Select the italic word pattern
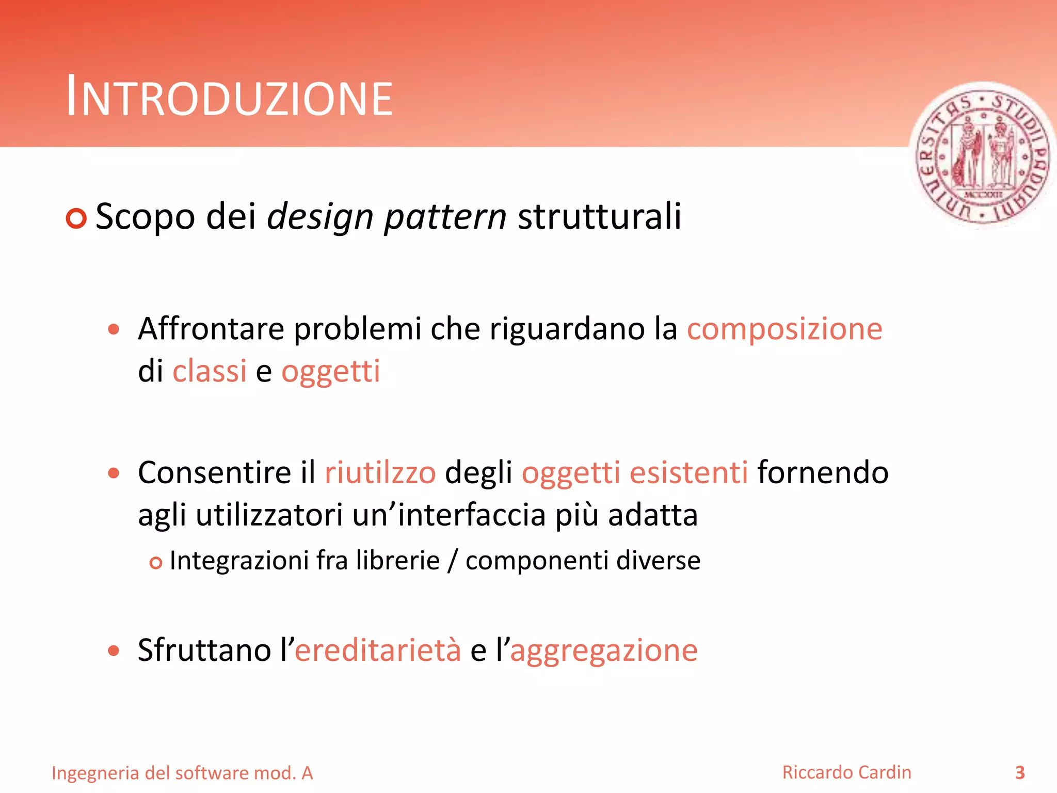click(x=445, y=217)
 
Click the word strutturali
click(x=599, y=216)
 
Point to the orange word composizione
click(x=784, y=329)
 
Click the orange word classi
click(x=210, y=371)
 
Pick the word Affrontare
click(x=211, y=329)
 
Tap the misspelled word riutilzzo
click(x=380, y=473)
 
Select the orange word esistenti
click(x=689, y=473)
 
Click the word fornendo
click(x=823, y=473)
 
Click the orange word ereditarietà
click(x=378, y=650)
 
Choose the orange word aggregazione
click(x=604, y=651)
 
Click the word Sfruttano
click(x=204, y=650)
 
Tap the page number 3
click(x=1020, y=772)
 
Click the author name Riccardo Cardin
click(x=846, y=772)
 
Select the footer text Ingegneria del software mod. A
click(x=183, y=773)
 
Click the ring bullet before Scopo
click(x=76, y=218)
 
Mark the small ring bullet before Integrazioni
click(x=155, y=563)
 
